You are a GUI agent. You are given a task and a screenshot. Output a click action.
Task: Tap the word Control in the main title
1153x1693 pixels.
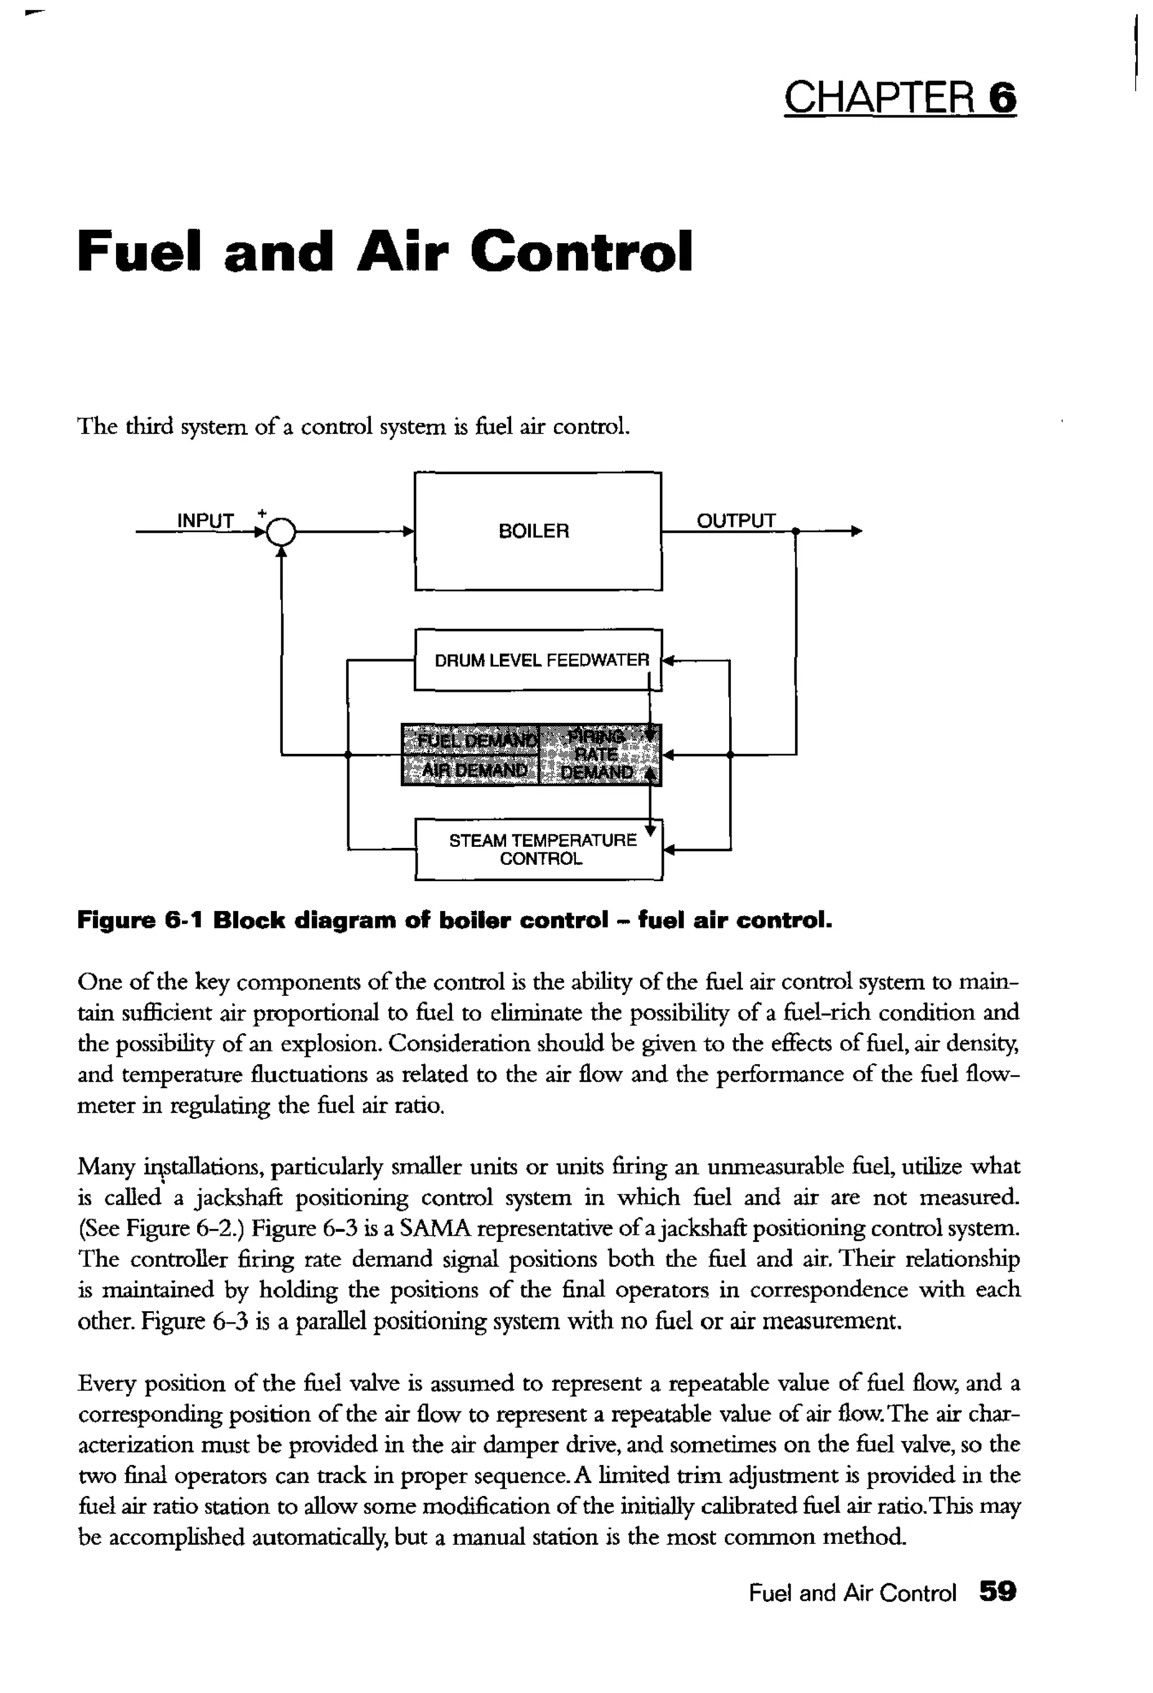[580, 251]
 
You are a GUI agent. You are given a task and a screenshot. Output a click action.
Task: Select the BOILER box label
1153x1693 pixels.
[533, 531]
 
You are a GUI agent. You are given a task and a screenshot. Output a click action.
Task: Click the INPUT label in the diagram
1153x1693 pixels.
[205, 521]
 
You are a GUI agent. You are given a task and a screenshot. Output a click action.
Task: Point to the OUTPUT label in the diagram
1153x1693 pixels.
[736, 521]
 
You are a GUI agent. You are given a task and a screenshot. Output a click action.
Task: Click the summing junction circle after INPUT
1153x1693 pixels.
[281, 533]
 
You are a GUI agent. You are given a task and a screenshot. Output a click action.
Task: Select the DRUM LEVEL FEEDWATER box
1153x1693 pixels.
[540, 660]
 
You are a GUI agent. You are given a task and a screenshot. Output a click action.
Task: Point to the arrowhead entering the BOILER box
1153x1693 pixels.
[409, 532]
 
